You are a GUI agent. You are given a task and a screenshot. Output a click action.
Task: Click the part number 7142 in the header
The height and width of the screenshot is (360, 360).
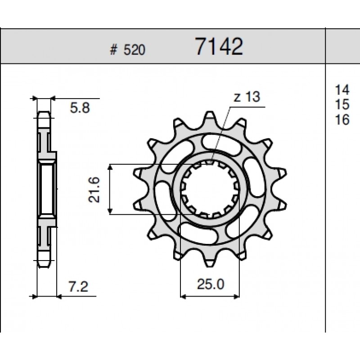(x=219, y=47)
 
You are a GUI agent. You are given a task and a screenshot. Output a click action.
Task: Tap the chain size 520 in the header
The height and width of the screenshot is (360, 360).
(x=134, y=50)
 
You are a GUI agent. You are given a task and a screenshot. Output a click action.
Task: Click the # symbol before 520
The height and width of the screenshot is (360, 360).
(x=113, y=50)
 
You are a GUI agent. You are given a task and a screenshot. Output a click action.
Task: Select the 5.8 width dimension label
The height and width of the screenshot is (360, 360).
(x=80, y=108)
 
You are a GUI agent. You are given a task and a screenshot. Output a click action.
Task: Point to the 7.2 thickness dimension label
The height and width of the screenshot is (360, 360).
(x=78, y=287)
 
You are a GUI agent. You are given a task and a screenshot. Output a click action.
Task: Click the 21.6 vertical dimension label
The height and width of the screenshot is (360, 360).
(x=94, y=189)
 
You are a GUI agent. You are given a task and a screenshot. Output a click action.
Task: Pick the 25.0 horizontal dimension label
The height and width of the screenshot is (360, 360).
(x=210, y=284)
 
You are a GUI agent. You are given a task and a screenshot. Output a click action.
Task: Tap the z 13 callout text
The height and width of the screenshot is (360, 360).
(x=247, y=97)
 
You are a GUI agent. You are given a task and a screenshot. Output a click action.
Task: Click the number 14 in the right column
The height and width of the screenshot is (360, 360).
(x=342, y=90)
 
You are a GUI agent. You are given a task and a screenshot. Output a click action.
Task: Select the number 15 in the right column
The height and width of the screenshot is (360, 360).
(x=342, y=104)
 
